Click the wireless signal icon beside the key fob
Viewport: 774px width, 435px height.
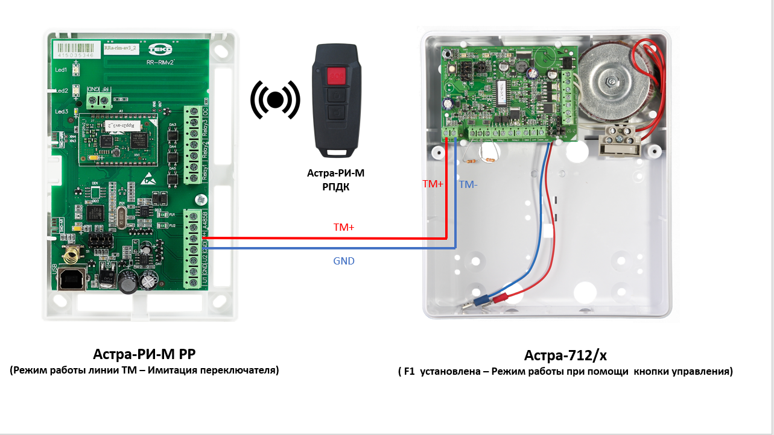(275, 100)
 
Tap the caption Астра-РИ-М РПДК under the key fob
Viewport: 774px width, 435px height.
(336, 180)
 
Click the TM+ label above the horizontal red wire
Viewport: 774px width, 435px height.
(344, 228)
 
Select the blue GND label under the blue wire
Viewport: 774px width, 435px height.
(344, 261)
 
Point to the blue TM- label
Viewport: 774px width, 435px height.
(468, 185)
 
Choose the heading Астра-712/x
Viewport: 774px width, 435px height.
(565, 355)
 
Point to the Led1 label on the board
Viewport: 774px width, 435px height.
(61, 70)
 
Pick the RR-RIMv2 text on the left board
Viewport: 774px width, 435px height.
(161, 61)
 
